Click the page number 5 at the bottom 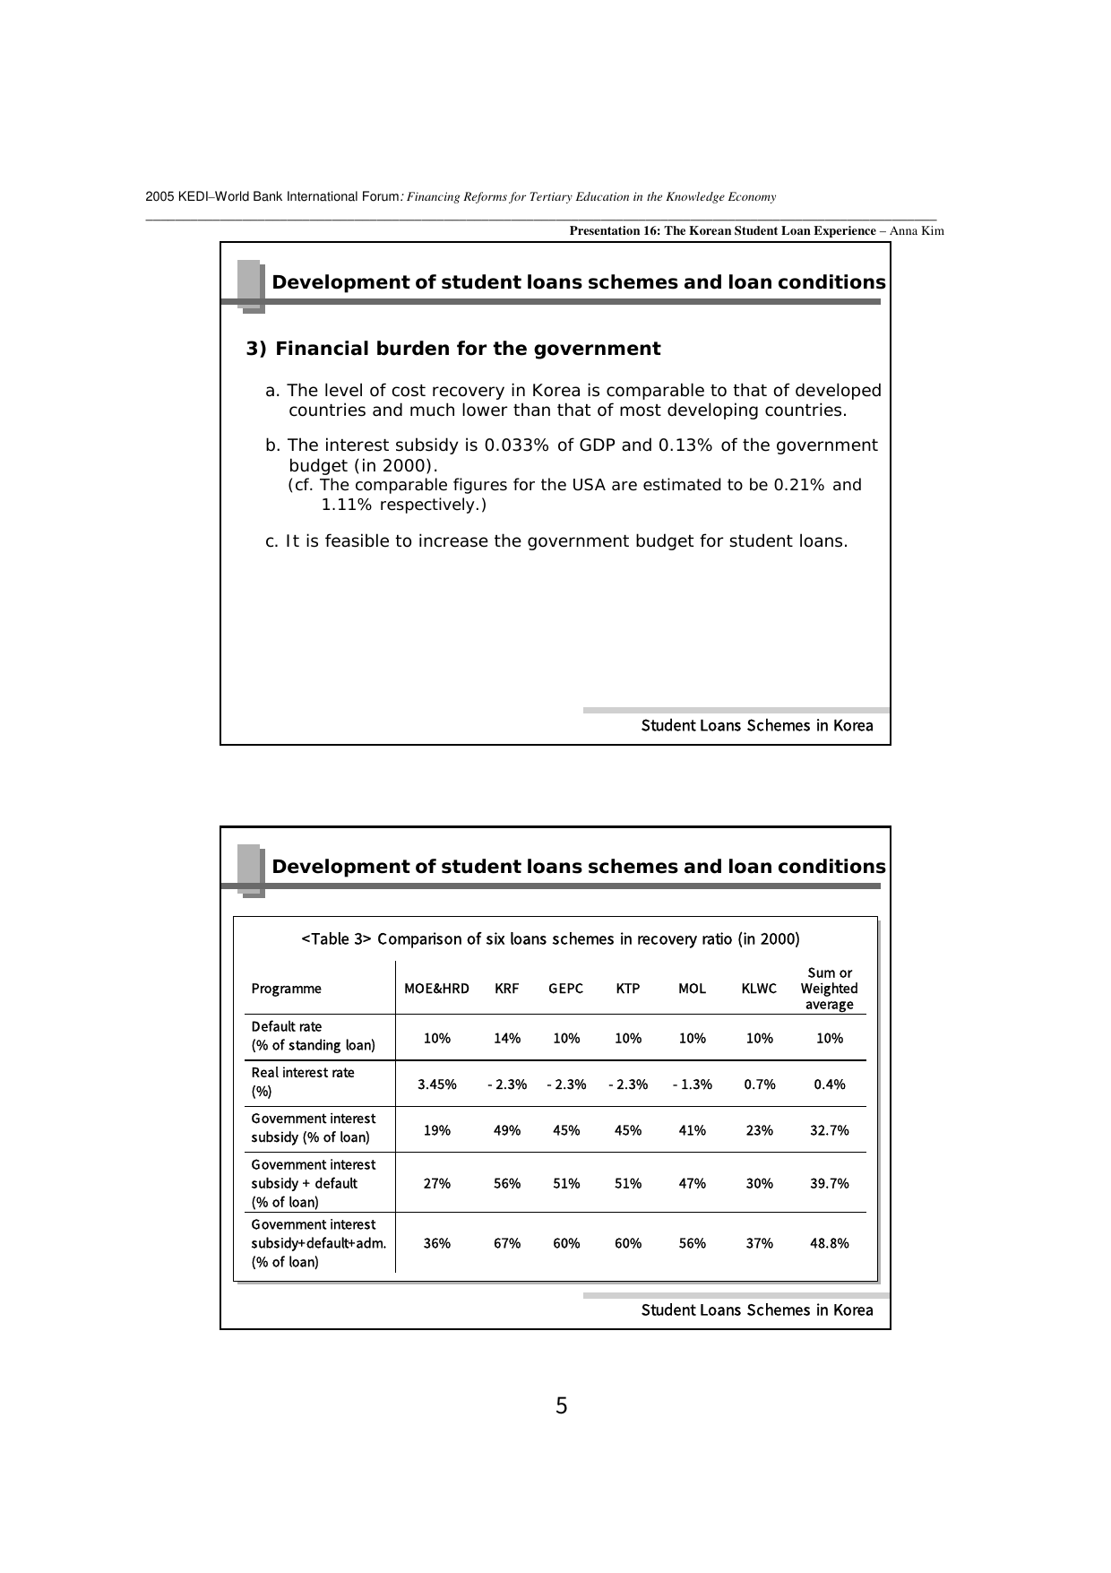[561, 1406]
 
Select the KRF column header [506, 989]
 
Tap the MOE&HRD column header [436, 989]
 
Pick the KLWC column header [759, 989]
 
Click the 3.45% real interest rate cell [436, 1085]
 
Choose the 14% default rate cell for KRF [506, 1038]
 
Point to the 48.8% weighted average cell [829, 1243]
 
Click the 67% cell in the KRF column [506, 1243]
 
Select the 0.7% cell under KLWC [759, 1085]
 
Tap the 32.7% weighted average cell [829, 1130]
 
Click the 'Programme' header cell [286, 989]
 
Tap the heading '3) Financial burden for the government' [453, 349]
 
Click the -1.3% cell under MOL [692, 1085]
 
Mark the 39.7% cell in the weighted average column [829, 1183]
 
